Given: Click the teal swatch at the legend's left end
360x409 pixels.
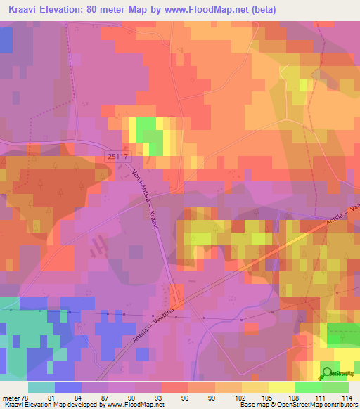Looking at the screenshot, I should [41, 387].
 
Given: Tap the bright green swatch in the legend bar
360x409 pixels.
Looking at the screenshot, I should [308, 387].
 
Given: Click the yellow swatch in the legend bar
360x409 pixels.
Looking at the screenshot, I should [281, 387].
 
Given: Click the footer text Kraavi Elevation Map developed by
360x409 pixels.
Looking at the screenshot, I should [49, 405].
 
